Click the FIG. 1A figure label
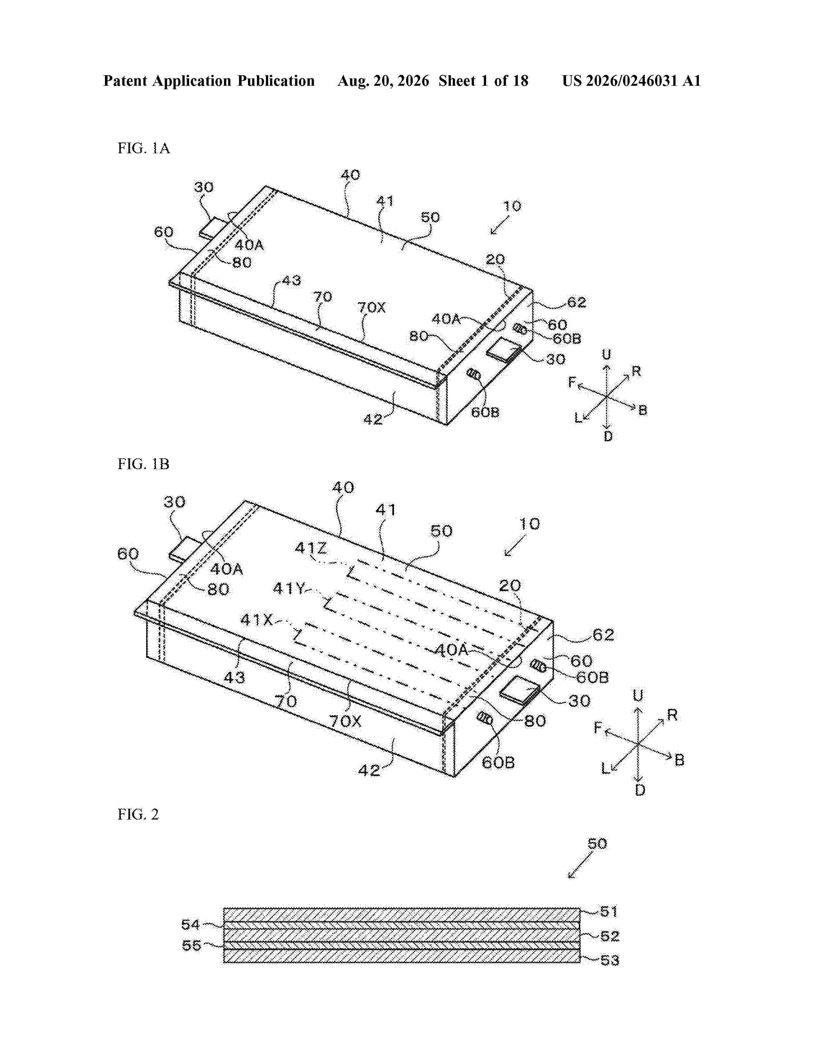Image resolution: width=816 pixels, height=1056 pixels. (144, 148)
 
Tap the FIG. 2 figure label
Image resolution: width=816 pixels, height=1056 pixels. (138, 814)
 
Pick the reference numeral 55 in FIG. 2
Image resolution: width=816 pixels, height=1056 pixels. (191, 945)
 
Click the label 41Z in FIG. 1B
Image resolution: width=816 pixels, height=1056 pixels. (311, 548)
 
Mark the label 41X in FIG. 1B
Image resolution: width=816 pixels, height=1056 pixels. (257, 620)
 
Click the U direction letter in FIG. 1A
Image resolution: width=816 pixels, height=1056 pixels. (606, 355)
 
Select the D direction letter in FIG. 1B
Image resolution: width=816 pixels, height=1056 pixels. (640, 790)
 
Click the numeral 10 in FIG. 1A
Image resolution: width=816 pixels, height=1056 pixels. (512, 206)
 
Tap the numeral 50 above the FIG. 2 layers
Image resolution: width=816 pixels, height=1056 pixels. (597, 844)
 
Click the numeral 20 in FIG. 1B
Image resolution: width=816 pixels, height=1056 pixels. (509, 586)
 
